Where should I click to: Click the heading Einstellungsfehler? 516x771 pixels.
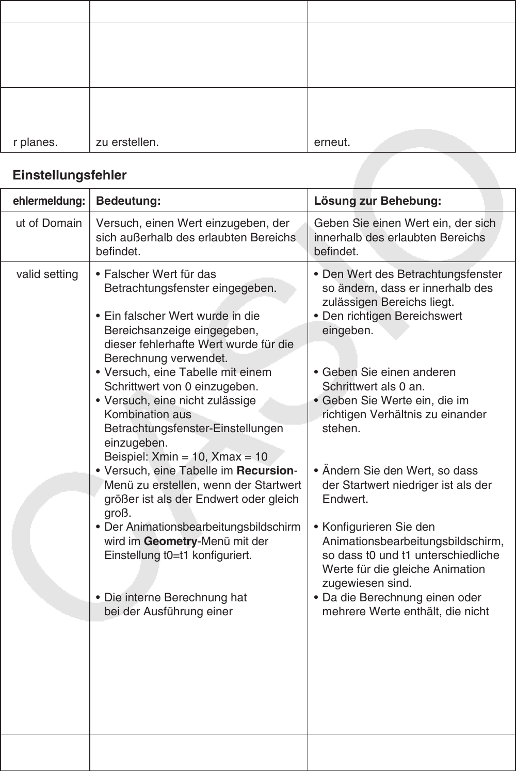tap(70, 175)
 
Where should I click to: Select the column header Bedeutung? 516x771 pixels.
tap(128, 201)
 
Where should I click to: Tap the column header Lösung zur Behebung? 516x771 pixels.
tap(377, 201)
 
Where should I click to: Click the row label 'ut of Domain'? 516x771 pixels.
tap(49, 223)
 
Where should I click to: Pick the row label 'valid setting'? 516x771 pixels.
tap(47, 274)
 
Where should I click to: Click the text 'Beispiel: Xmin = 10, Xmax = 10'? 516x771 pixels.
tap(186, 457)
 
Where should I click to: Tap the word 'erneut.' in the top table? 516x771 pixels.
tap(332, 142)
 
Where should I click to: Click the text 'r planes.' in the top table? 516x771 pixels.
tap(36, 142)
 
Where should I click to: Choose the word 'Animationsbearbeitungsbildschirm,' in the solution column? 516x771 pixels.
tap(413, 542)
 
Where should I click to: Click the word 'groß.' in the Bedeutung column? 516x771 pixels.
tap(118, 514)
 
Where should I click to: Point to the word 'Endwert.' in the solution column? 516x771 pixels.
tap(338, 499)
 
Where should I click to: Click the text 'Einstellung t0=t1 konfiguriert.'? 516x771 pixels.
tap(178, 555)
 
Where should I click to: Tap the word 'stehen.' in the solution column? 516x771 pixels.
tap(341, 429)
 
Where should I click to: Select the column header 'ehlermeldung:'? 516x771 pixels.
tap(49, 201)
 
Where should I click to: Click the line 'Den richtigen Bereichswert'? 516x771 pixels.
tap(392, 316)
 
